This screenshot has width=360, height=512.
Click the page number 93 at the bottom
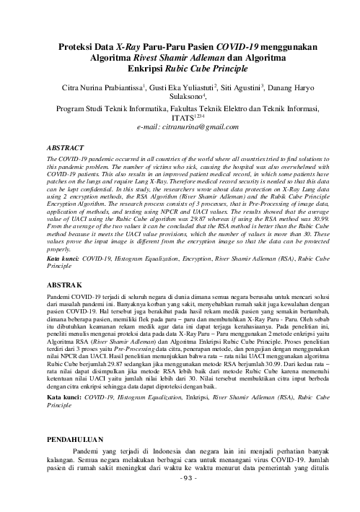tap(180, 498)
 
